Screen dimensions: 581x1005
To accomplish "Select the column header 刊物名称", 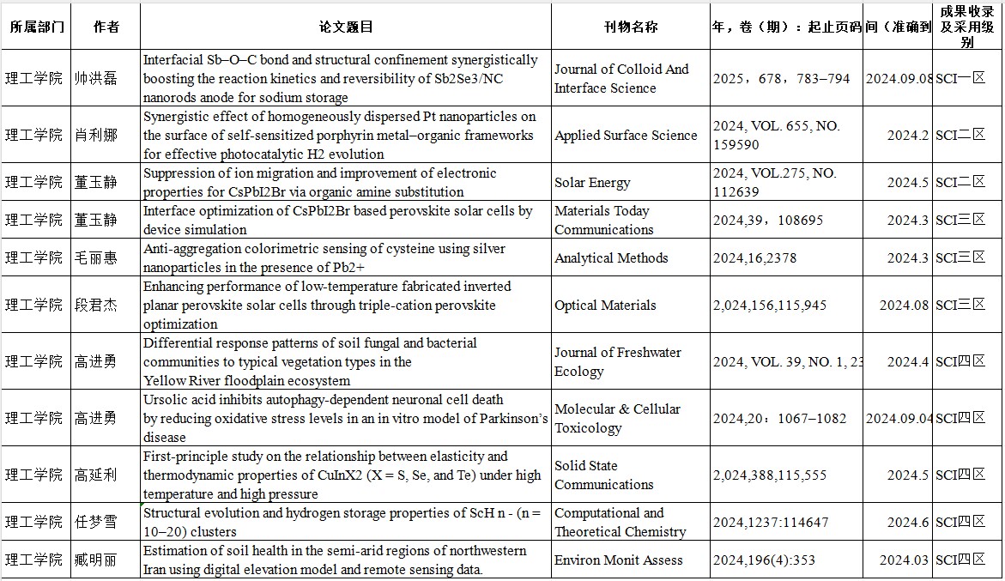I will coord(630,27).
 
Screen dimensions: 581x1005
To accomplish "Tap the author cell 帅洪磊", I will coord(96,78).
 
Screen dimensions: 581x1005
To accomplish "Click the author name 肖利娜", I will coord(96,135).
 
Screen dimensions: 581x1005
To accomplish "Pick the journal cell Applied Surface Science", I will coord(626,135).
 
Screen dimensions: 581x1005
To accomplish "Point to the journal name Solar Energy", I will coord(592,183).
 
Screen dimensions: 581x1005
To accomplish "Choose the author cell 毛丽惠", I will coord(96,257).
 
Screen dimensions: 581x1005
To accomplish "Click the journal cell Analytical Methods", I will coord(611,257).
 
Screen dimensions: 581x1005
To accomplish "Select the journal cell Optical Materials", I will coord(605,305).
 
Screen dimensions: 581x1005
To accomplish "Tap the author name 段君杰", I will coord(96,305).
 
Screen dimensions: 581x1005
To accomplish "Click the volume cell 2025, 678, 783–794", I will coord(781,78).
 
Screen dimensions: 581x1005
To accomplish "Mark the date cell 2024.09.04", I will coord(899,418).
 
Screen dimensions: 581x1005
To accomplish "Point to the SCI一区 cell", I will coord(960,78).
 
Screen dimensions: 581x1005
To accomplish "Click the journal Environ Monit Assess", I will coord(619,560).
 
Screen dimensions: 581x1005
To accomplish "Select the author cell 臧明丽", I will coord(96,560).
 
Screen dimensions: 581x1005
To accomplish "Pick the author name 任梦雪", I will coord(96,522).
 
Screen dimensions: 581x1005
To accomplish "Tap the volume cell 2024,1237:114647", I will coord(771,522).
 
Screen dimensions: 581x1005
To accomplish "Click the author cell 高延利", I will coord(96,475).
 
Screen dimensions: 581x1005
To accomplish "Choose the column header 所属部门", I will coord(37,27).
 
